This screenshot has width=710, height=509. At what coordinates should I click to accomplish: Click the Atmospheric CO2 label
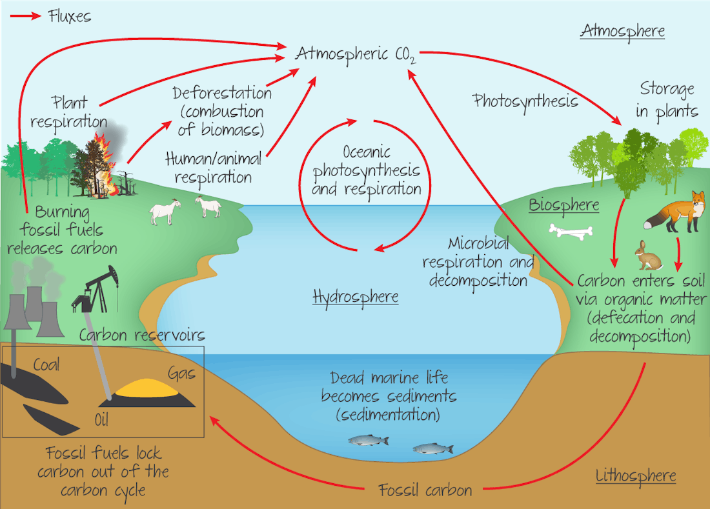click(356, 55)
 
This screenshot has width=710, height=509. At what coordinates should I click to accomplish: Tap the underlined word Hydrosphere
click(355, 297)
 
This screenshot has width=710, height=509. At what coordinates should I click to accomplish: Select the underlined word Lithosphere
click(636, 477)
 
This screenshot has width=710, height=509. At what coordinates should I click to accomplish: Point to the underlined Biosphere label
click(564, 206)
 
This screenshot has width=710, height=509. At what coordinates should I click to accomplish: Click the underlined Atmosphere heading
click(622, 31)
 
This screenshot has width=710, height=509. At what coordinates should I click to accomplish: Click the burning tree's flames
click(105, 165)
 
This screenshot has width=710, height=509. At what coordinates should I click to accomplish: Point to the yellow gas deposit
click(151, 388)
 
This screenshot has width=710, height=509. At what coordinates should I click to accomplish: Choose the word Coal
click(46, 365)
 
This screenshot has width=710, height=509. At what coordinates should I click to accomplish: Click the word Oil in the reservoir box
click(101, 421)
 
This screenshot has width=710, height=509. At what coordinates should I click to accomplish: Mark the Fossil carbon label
click(425, 490)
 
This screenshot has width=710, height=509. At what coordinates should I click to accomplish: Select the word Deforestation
click(222, 93)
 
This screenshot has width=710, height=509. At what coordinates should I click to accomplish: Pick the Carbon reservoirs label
click(142, 335)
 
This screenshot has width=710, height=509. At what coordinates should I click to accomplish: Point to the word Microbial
click(478, 244)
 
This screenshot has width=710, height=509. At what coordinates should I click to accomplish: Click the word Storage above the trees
click(667, 89)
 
